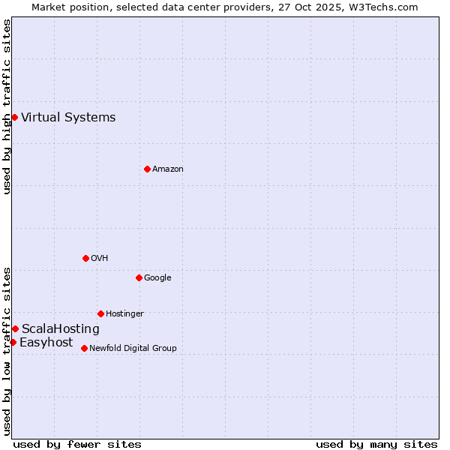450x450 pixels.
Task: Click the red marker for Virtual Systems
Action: coord(14,117)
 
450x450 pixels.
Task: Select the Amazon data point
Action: coord(147,169)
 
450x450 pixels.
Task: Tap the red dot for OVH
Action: coord(85,258)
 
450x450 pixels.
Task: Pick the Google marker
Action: coord(139,277)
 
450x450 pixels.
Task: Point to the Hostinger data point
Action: coord(100,313)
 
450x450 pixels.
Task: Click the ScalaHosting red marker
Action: coord(15,328)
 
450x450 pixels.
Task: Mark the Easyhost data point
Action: coord(13,342)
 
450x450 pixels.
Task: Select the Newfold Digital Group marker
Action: coord(84,348)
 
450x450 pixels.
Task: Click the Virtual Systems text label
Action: coord(68,117)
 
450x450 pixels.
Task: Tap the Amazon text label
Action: coord(168,169)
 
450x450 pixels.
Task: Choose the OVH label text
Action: coord(100,258)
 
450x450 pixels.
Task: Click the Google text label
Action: coord(157,277)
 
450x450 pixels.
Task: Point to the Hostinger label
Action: coord(124,313)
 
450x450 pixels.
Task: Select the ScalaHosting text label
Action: coord(60,328)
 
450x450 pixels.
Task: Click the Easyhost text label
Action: coord(46,342)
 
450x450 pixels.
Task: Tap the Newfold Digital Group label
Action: coord(133,348)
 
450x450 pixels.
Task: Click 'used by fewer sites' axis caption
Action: coord(77,444)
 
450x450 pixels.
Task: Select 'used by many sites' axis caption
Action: coord(376,444)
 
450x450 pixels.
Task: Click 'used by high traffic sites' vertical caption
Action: coord(7,106)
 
